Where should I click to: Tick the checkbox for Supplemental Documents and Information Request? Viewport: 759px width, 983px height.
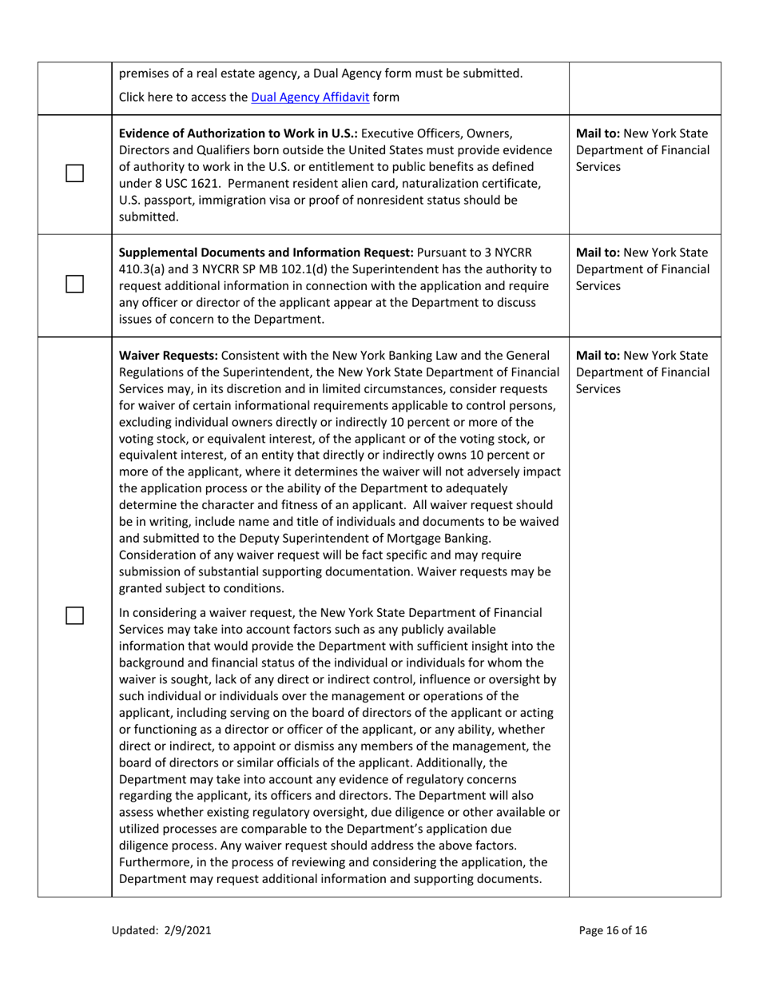coord(75,284)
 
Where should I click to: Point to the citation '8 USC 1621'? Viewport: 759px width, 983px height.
coord(181,183)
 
